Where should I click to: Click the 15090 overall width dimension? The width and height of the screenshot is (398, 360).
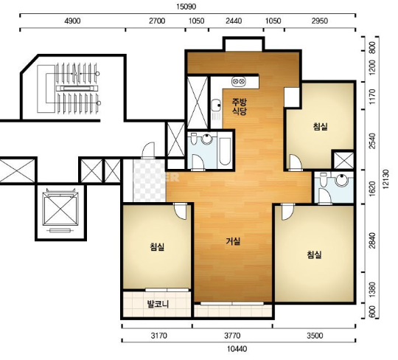point(186,7)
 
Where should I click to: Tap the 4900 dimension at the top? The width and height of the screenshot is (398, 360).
point(72,21)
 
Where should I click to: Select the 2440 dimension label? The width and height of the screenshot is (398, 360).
point(234,21)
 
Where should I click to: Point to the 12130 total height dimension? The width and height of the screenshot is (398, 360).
point(385,179)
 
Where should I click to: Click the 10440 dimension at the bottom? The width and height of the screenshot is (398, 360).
point(237,349)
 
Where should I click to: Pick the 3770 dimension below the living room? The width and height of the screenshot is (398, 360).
point(232,336)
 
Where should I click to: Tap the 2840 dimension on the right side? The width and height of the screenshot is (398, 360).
point(372,240)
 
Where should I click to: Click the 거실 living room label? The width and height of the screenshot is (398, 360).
point(233,241)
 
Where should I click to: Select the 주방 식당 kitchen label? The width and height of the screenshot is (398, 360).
point(240,107)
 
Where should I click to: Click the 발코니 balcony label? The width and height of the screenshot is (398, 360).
point(158,304)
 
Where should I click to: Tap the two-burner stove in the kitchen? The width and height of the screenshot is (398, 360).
point(239,81)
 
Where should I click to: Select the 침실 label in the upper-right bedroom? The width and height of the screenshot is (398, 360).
point(321,127)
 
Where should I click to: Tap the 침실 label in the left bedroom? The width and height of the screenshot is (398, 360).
point(158,246)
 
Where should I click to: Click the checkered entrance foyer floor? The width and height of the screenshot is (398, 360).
point(149,180)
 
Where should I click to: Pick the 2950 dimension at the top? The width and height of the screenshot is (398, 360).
point(320,21)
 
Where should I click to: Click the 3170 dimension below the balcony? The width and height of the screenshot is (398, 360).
point(159,336)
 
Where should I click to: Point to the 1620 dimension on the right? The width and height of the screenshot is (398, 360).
point(372,189)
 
